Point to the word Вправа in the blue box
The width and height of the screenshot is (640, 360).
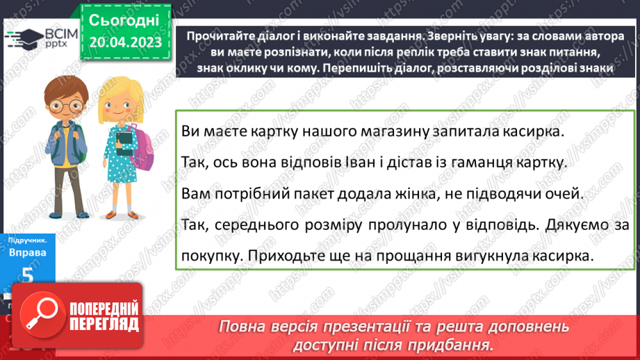pyautogui.click(x=27, y=253)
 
